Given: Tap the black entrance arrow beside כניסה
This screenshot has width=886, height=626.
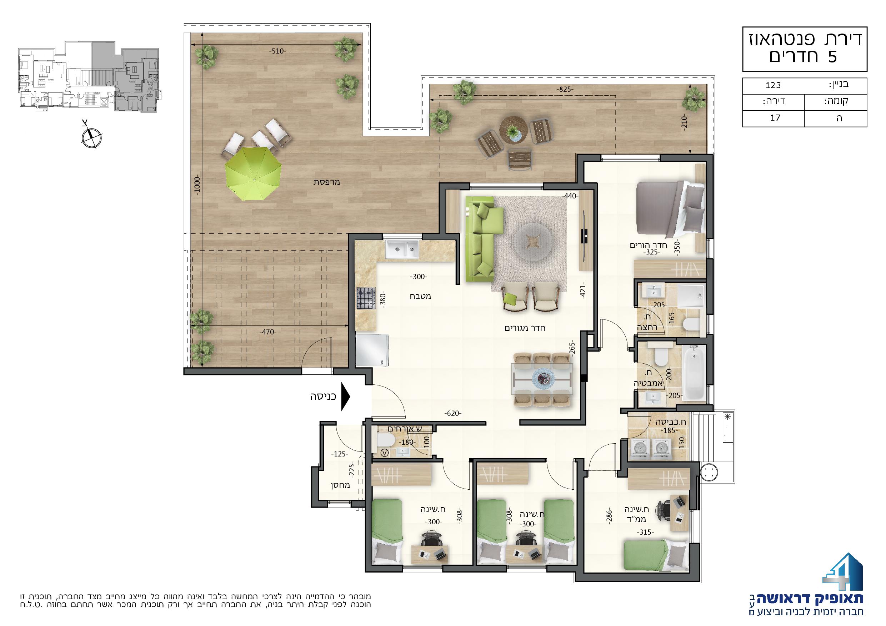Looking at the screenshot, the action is [346, 397].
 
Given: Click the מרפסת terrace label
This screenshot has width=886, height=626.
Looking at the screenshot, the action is [326, 182].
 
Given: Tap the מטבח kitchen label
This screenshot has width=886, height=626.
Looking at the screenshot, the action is [420, 296].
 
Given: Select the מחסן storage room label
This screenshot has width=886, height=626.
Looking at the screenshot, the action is [340, 485].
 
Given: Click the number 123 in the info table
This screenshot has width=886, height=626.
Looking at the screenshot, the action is [773, 85].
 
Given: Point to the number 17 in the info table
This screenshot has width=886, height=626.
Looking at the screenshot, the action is [775, 118].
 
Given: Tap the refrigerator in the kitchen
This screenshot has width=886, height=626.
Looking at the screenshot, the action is [372, 350].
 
